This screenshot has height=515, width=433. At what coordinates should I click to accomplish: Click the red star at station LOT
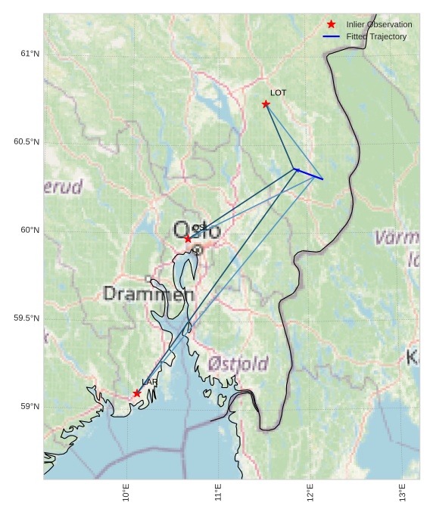(x=266, y=104)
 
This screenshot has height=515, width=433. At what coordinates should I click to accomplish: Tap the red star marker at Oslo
(x=188, y=238)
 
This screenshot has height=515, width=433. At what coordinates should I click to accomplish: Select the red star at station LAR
(x=137, y=393)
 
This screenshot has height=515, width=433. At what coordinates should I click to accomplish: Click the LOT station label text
(x=279, y=93)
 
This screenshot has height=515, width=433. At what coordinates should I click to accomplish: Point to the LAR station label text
(x=150, y=383)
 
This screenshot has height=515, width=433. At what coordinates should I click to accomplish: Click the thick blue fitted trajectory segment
(x=308, y=174)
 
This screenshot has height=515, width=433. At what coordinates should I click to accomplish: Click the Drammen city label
(x=148, y=293)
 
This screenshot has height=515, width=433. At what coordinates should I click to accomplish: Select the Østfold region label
(x=238, y=364)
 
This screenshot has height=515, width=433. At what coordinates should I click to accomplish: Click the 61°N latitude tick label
(x=30, y=54)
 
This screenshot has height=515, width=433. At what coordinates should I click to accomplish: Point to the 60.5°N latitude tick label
(x=26, y=142)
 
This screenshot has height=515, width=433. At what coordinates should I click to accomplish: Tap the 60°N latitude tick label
(x=30, y=230)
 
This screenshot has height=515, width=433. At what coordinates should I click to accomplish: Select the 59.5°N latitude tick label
(x=26, y=318)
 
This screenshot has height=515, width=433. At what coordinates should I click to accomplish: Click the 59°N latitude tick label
(x=30, y=407)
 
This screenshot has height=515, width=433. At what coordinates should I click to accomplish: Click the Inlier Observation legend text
(x=379, y=25)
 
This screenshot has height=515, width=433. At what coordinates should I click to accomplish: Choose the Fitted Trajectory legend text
(x=376, y=36)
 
